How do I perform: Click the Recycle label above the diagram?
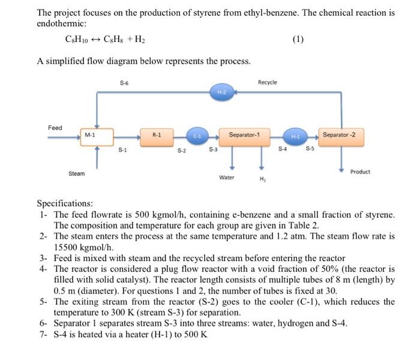coord(267,82)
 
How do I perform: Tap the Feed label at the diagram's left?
coord(55,128)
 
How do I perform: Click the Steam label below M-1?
coord(76,173)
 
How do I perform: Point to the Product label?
coord(360,172)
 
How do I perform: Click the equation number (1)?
coord(298,40)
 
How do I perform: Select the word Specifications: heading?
coord(65,203)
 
